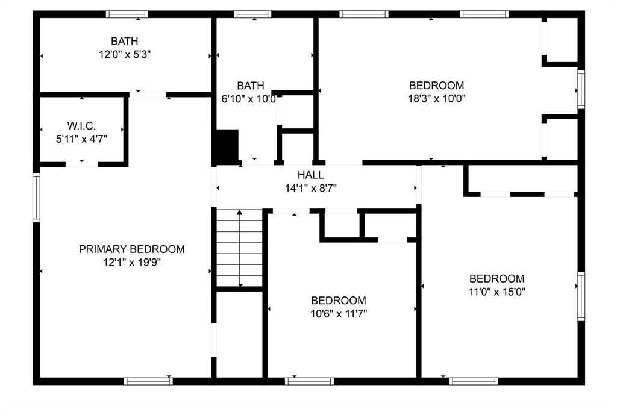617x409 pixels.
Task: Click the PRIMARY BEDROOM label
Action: [x=131, y=249]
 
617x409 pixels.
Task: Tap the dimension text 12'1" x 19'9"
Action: [x=131, y=262]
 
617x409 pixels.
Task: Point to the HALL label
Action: [x=310, y=175]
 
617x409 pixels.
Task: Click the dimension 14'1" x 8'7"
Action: [x=310, y=188]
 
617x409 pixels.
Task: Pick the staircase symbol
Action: [x=240, y=248]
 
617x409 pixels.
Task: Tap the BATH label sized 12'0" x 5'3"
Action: [x=124, y=41]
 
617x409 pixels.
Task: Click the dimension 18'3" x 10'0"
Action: [x=436, y=98]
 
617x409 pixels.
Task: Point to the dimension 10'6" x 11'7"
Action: [x=338, y=313]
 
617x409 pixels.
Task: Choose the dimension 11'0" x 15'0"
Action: [x=496, y=292]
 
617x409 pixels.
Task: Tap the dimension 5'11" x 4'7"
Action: [x=81, y=138]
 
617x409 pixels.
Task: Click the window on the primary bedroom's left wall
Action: [x=36, y=198]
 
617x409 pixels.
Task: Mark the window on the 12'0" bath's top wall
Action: [x=127, y=14]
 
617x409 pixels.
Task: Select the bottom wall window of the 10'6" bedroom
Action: [x=309, y=381]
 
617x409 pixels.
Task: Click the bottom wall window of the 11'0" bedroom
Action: [x=474, y=381]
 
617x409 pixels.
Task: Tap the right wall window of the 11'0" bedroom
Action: [x=581, y=296]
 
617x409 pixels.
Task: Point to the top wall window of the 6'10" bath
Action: [x=252, y=14]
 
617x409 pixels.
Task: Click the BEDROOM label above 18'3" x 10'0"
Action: [x=436, y=85]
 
